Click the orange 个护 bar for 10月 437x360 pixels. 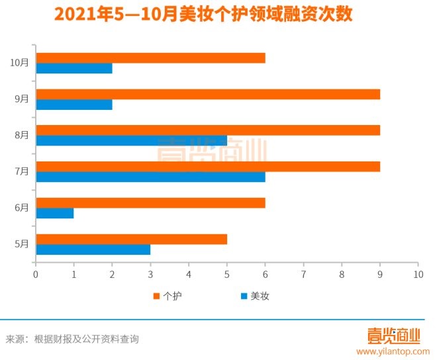coord(150,58)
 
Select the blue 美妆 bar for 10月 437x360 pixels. coord(74,68)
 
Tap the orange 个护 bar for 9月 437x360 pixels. coord(208,94)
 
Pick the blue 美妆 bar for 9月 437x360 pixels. coord(74,105)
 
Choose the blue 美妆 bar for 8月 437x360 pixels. coord(131,140)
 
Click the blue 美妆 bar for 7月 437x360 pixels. coord(150,177)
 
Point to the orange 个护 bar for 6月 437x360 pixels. coord(150,202)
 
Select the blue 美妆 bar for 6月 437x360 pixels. coord(55,213)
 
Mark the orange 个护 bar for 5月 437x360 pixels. coord(131,239)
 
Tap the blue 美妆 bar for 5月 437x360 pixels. coord(93,249)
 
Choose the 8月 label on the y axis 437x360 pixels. coord(21,135)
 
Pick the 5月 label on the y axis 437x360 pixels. coord(21,244)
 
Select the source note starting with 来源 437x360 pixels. coord(72,339)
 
